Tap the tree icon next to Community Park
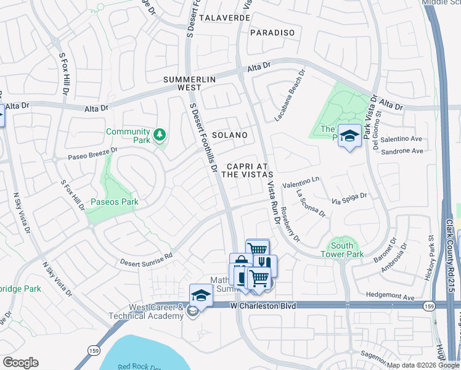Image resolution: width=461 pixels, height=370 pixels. tap(160, 134)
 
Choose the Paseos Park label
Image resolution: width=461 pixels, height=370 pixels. tap(115, 202)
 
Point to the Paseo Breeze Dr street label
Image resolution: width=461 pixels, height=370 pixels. tap(92, 154)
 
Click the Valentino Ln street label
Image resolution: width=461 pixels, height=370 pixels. tap(302, 183)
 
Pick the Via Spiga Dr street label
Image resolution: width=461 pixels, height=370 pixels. tap(349, 200)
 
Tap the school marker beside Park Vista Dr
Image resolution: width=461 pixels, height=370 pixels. tap(349, 136)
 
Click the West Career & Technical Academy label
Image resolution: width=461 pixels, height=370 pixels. tap(155, 311)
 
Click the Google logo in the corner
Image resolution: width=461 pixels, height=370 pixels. tap(20, 363)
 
